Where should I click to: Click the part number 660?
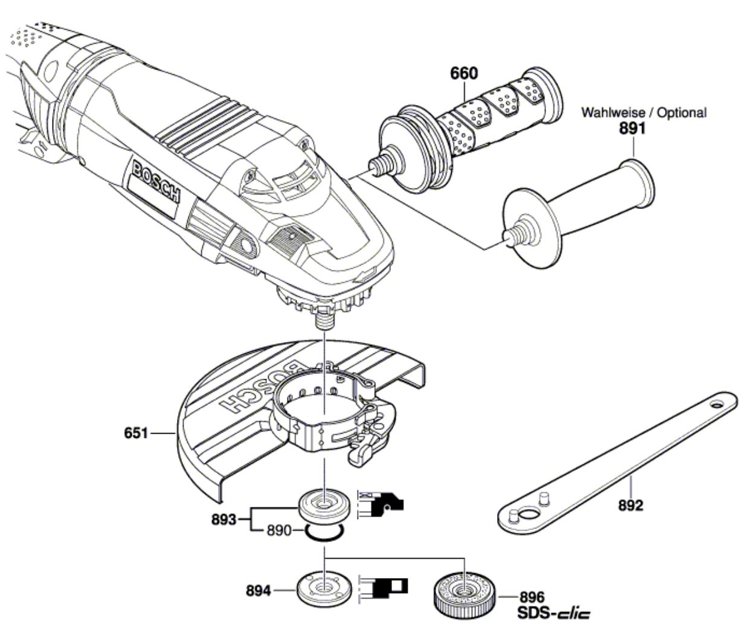pyautogui.click(x=463, y=74)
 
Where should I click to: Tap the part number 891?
pyautogui.click(x=632, y=128)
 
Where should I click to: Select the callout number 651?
pyautogui.click(x=137, y=433)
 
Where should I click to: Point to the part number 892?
pyautogui.click(x=631, y=505)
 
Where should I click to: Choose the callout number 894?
pyautogui.click(x=259, y=591)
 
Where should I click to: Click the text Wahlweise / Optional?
pyautogui.click(x=643, y=112)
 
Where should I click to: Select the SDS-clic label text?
pyautogui.click(x=553, y=614)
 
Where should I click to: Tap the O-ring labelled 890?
pyautogui.click(x=324, y=532)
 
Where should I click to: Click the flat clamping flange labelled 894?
pyautogui.click(x=324, y=586)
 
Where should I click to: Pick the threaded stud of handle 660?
pyautogui.click(x=380, y=164)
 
